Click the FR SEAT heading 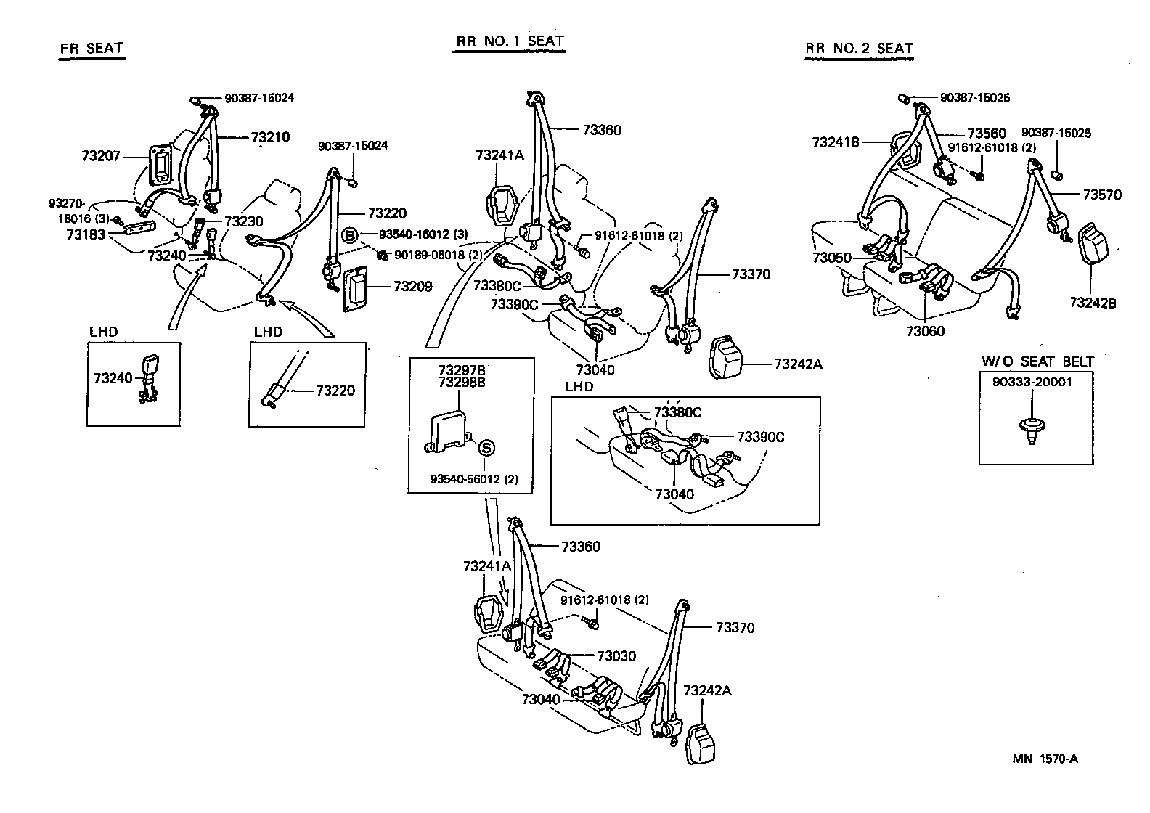91,49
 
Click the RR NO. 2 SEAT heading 859,49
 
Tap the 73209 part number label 412,287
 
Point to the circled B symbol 349,235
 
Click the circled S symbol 486,449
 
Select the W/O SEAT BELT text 1037,361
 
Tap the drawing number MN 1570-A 1045,759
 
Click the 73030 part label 616,656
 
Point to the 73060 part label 925,331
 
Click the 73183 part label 86,234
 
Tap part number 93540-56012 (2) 473,479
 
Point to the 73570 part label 1101,195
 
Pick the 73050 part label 832,258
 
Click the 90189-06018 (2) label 439,254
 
